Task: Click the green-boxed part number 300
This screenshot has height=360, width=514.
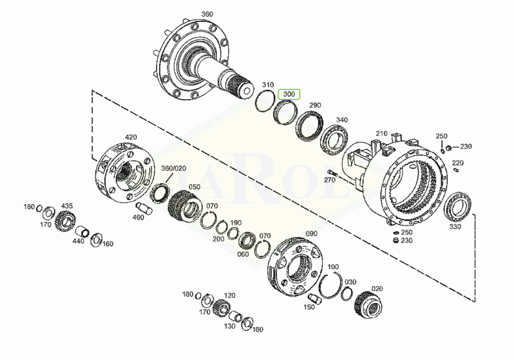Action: pyautogui.click(x=289, y=94)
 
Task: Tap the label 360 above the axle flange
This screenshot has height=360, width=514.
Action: pyautogui.click(x=207, y=14)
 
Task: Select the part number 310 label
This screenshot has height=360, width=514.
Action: pyautogui.click(x=268, y=85)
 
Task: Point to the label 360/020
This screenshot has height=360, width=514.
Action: pyautogui.click(x=173, y=168)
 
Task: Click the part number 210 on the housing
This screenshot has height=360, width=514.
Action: pyautogui.click(x=381, y=134)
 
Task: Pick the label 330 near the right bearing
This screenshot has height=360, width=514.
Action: pyautogui.click(x=455, y=226)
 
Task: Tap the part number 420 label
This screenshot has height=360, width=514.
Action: pyautogui.click(x=131, y=137)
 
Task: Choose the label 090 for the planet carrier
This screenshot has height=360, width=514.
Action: pyautogui.click(x=311, y=234)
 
